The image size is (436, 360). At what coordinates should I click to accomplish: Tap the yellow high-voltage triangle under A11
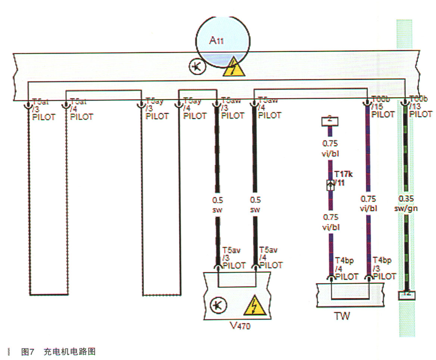point(234,68)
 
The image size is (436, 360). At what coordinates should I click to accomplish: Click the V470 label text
point(240,326)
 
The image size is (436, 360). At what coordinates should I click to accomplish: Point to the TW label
point(342,316)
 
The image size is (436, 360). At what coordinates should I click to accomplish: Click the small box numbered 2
point(330,121)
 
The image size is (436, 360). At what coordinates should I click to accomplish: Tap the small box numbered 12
point(407,294)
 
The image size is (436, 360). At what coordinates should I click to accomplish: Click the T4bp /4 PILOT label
point(346,269)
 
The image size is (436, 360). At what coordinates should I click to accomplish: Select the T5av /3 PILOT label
point(234,258)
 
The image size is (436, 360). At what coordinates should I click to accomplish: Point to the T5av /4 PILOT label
point(271,258)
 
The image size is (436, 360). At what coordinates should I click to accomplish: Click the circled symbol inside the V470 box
point(216,306)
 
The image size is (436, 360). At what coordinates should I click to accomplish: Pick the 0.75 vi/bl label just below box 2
point(330,147)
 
